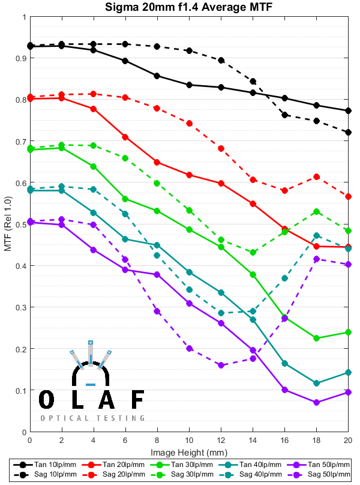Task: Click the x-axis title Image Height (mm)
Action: coord(188,452)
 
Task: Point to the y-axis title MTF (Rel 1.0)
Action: coord(8,224)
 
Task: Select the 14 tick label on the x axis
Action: coord(253,441)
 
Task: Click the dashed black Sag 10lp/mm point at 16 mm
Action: coord(284,115)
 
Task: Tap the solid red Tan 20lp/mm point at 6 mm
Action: coord(125,137)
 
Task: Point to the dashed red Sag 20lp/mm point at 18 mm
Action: coord(316,176)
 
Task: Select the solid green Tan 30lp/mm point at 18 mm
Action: coord(316,339)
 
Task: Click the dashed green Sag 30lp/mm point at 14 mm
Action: coord(253,252)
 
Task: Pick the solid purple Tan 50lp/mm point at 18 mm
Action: coord(316,402)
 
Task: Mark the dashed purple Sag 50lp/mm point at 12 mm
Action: coord(221,365)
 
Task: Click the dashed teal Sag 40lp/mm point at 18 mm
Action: coord(316,235)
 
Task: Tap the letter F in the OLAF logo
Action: coord(137,399)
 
